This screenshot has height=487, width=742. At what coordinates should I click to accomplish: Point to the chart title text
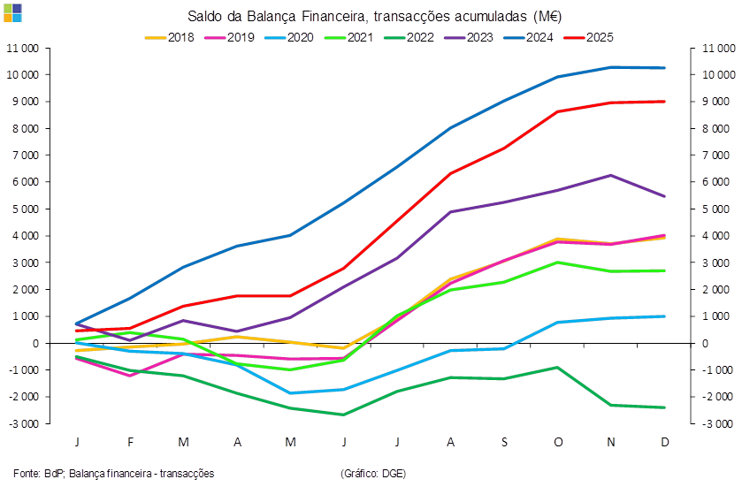pos(374,17)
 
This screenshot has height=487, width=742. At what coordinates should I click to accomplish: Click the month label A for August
pos(451,440)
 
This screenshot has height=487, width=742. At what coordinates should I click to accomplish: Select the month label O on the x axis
pos(557,440)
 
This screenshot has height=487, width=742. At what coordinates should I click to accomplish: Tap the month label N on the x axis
pos(611,440)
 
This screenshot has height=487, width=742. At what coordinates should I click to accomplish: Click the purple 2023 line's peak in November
pos(611,175)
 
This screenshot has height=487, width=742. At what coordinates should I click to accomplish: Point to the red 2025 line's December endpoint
pos(664,102)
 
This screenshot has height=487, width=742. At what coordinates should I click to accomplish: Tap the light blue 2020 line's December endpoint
pos(664,316)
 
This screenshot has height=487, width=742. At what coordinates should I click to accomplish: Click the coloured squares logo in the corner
pos(13,12)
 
